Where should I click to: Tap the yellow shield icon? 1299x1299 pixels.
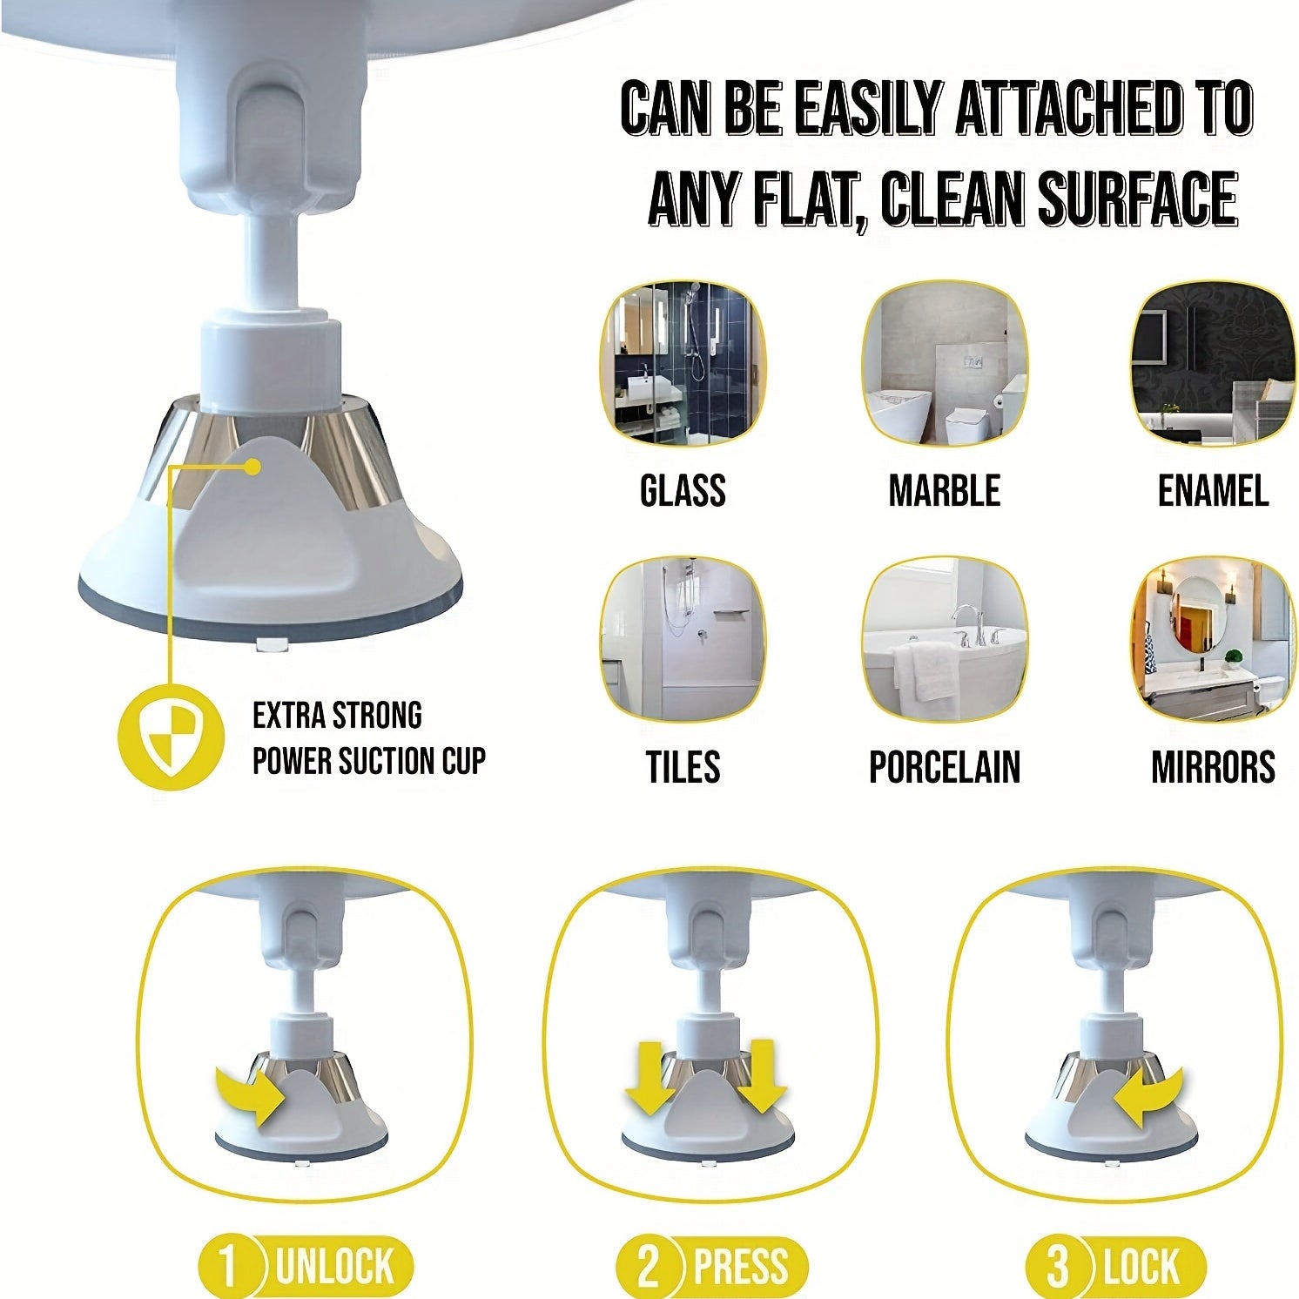(x=172, y=737)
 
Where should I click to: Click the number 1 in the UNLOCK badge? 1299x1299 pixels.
(x=228, y=1266)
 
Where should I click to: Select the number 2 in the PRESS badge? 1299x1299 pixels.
(x=648, y=1267)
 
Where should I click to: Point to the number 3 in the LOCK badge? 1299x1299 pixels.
(x=1057, y=1267)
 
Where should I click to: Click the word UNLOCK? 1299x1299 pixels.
(x=335, y=1267)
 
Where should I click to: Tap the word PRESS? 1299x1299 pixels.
(x=740, y=1267)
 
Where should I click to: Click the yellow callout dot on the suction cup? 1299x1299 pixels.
(x=252, y=467)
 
